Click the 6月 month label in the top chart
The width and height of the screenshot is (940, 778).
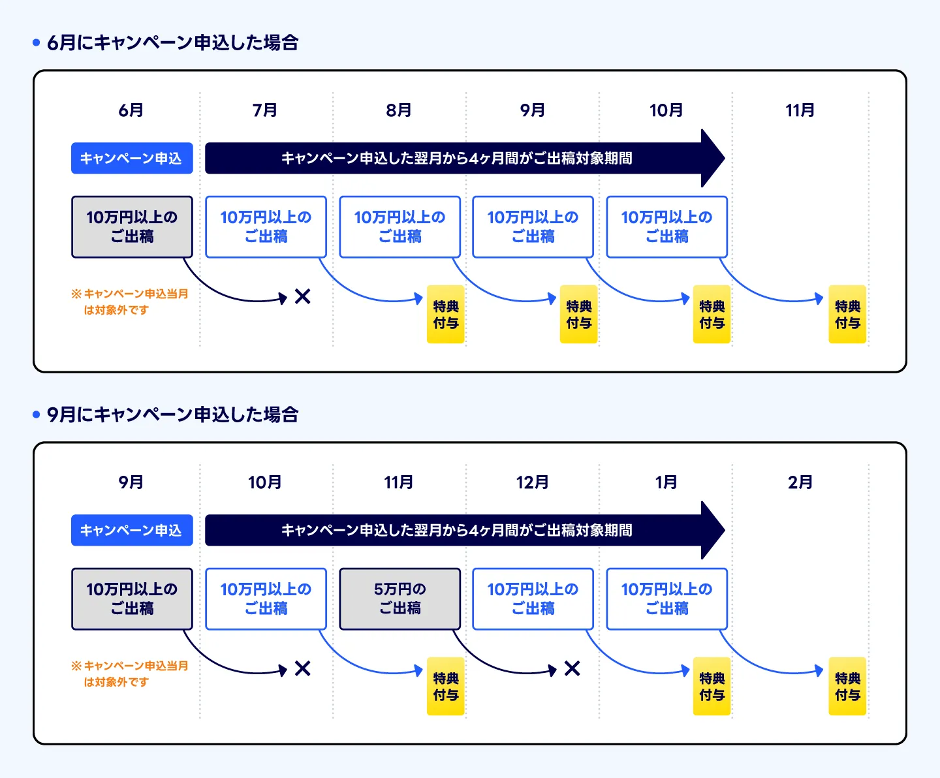tap(131, 110)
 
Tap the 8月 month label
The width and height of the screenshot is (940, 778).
tap(399, 110)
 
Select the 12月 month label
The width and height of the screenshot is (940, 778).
tap(533, 482)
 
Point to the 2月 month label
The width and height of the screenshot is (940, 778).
tap(800, 482)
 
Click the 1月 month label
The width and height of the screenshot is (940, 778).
tap(666, 482)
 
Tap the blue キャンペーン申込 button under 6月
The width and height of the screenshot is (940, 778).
tap(132, 158)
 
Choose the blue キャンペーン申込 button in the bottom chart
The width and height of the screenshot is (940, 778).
tap(132, 531)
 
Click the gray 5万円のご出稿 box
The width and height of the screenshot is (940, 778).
tap(399, 599)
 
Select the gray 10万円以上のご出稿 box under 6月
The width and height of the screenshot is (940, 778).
tap(132, 227)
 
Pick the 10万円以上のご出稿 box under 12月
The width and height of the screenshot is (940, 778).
tap(533, 599)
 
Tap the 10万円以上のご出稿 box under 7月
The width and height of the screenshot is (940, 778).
tap(266, 227)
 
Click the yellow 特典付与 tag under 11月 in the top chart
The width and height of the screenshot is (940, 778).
tap(847, 314)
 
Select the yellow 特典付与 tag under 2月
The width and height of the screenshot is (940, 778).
tap(847, 686)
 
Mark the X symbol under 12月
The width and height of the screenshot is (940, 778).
tap(572, 668)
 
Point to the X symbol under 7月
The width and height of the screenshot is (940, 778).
tap(302, 297)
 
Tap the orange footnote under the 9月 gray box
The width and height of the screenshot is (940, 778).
tap(130, 674)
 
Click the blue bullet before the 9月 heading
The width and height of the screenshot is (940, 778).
tap(37, 414)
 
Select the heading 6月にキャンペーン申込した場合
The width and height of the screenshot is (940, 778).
tap(173, 43)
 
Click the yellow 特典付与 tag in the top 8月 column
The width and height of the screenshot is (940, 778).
tap(446, 314)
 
